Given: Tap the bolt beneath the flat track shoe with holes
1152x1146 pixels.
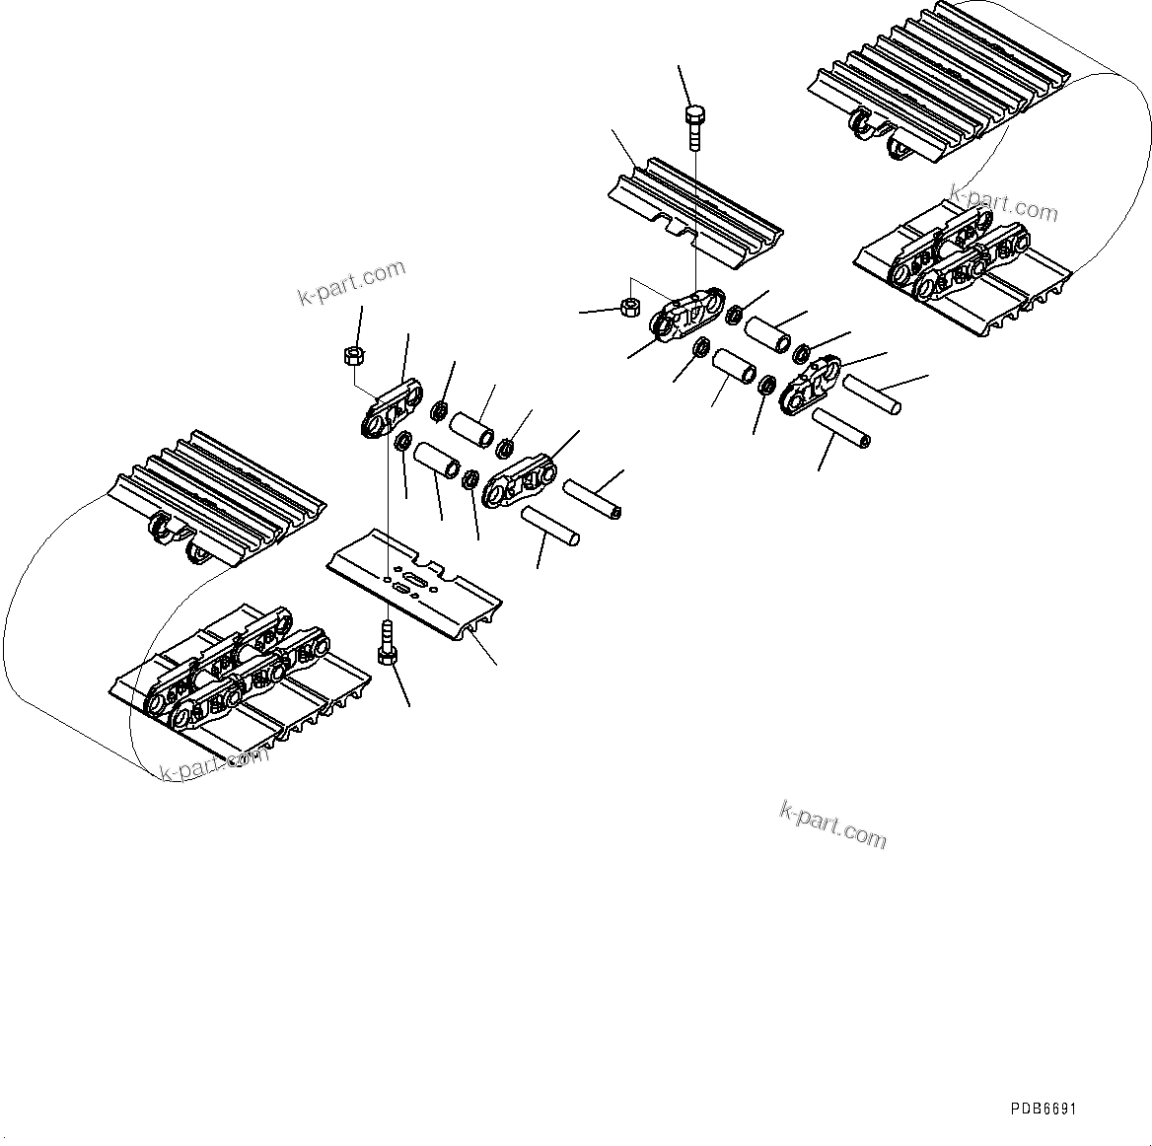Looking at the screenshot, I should [386, 646].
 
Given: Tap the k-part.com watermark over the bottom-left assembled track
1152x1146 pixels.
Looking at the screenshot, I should [213, 764].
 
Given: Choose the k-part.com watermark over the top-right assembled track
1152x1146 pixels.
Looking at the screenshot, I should [1003, 203].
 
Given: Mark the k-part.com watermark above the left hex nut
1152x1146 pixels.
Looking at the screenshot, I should [351, 282].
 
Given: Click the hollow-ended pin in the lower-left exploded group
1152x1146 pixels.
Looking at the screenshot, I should [592, 498].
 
